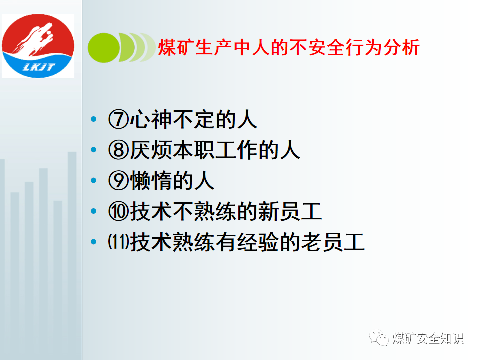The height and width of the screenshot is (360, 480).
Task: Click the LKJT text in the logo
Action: point(39,67)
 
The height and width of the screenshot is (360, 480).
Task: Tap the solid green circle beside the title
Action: point(104,48)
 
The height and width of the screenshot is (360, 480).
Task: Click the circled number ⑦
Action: point(119,120)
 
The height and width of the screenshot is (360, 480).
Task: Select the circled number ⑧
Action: point(119,150)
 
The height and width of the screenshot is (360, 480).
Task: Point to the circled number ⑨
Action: point(119,181)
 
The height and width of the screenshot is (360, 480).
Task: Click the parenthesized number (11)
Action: point(119,242)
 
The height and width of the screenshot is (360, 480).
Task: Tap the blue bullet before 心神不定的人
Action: point(94,119)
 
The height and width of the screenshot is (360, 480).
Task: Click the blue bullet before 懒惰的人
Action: point(94,180)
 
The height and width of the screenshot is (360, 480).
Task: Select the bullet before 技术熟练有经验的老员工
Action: point(94,242)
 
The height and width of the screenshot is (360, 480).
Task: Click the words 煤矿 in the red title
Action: point(176,48)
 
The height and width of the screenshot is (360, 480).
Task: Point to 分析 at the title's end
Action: point(401,48)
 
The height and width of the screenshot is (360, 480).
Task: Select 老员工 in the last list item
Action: point(333,242)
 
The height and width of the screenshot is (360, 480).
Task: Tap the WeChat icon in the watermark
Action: point(379,338)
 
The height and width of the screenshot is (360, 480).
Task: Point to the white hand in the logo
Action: point(34,40)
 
